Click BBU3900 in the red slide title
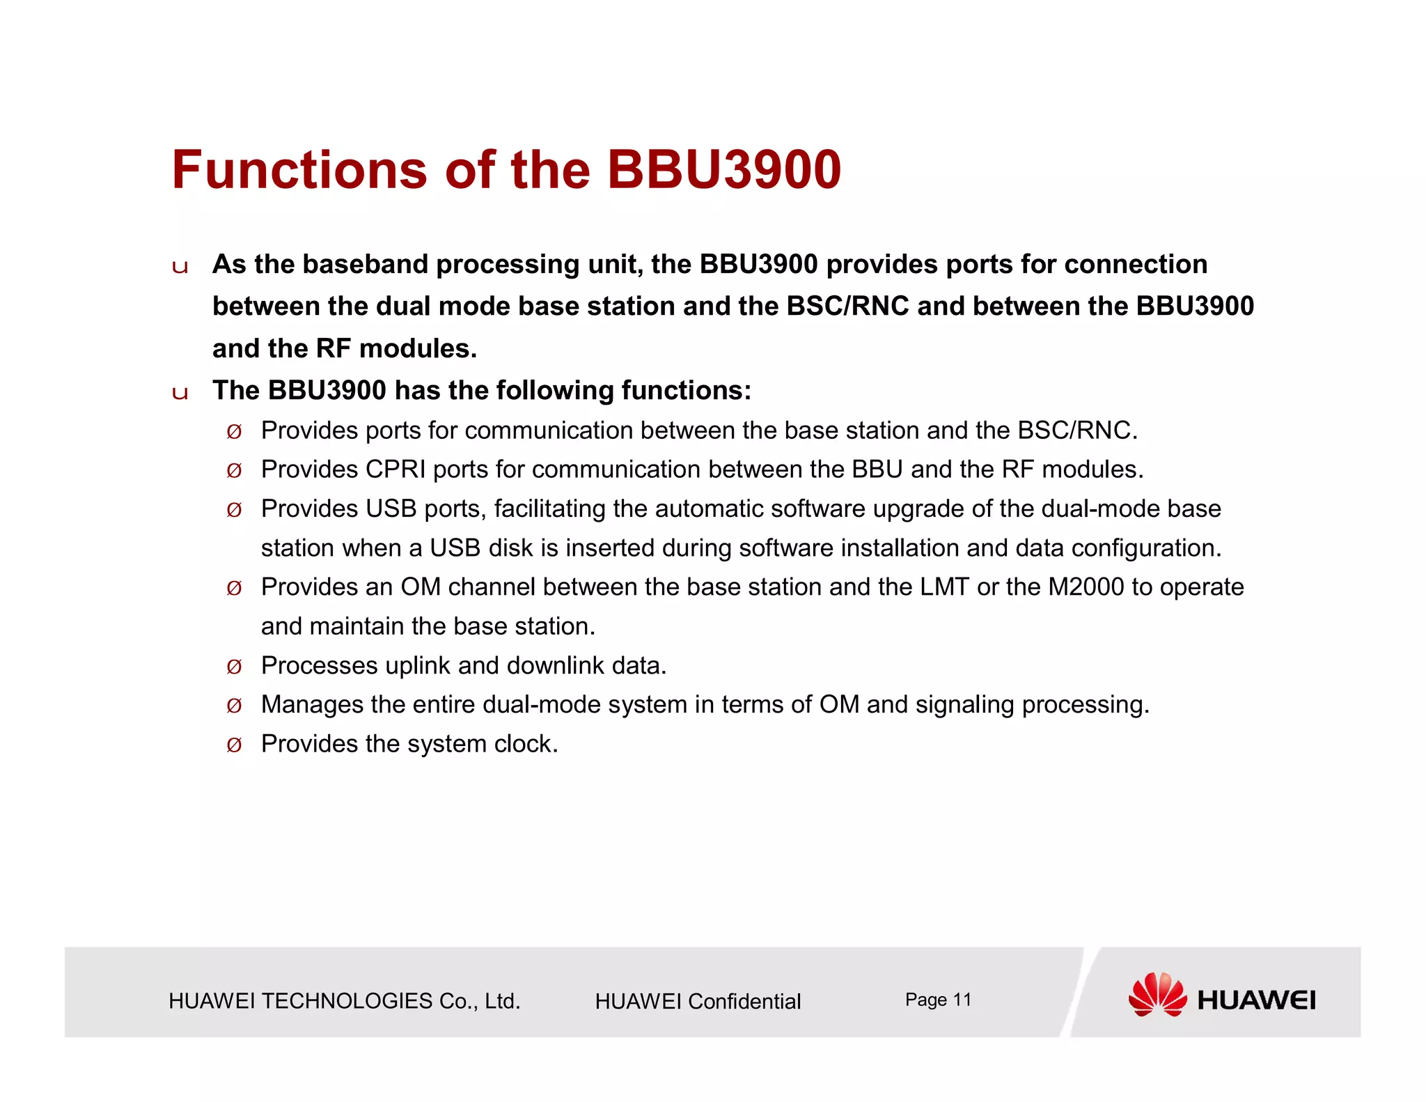tap(723, 170)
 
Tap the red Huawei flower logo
tap(1157, 995)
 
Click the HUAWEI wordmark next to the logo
tap(1256, 1001)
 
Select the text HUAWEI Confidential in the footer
tap(698, 1002)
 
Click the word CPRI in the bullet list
tap(395, 469)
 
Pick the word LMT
tap(944, 587)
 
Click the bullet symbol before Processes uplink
tap(234, 667)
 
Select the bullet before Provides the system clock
tap(234, 745)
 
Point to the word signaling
tap(964, 705)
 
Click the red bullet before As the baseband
tap(180, 267)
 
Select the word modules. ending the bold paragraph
tap(418, 348)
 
